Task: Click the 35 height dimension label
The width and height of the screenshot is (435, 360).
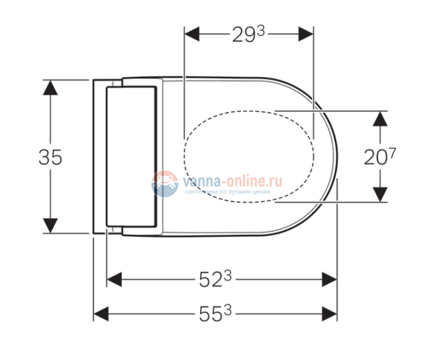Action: coord(50,157)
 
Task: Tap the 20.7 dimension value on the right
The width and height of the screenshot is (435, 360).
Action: coord(379,157)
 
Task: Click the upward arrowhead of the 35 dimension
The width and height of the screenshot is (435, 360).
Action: coord(52,88)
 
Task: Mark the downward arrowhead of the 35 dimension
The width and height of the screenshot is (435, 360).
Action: coord(52,226)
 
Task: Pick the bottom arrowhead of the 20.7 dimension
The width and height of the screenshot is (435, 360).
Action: coord(379,195)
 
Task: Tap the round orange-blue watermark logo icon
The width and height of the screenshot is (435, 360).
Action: coord(164,184)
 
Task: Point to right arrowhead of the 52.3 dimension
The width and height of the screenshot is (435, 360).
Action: coord(330,279)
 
